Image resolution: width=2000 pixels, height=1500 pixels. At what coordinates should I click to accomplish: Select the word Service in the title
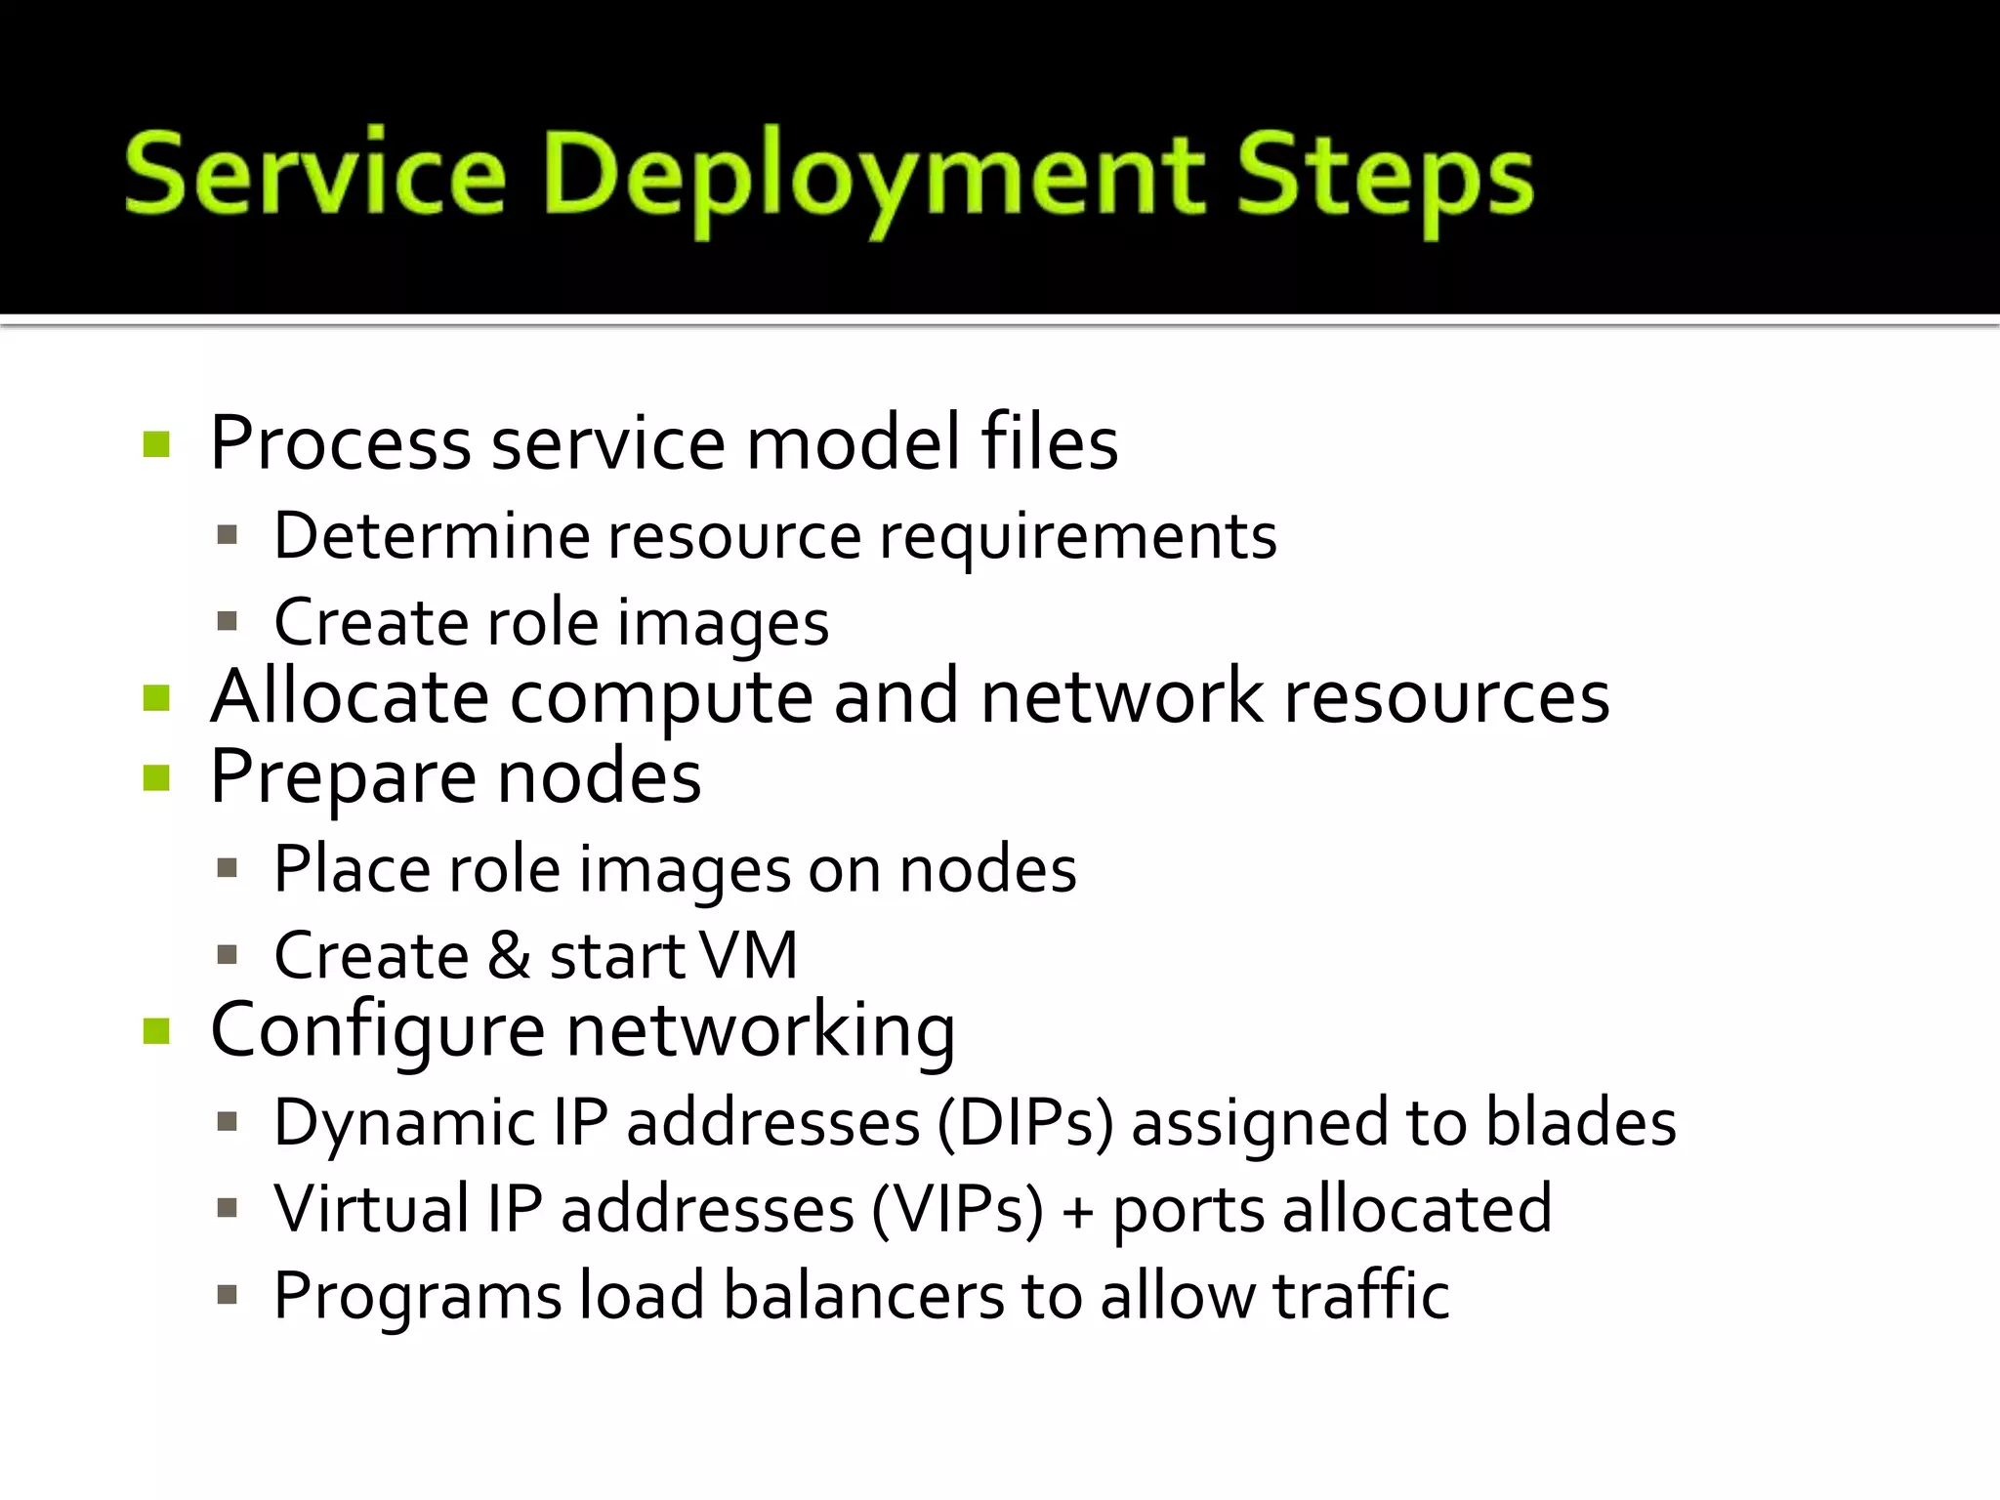pos(314,174)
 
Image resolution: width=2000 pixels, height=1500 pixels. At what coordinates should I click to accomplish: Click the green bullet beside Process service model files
pos(156,444)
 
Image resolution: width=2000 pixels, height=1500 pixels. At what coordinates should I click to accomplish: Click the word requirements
pos(1077,538)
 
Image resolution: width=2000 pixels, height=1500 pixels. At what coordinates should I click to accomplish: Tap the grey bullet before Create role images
pos(228,622)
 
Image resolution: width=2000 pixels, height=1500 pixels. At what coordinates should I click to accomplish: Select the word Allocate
pos(349,697)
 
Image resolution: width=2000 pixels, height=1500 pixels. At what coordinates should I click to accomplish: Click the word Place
pos(350,868)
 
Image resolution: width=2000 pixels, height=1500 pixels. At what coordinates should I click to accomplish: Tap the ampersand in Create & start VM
pos(508,955)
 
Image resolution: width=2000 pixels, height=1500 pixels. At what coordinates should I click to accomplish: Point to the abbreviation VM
pos(749,955)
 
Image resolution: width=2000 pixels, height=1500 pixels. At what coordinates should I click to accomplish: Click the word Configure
pos(377,1031)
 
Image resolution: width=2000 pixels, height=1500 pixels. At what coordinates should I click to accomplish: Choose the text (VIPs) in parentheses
pos(957,1210)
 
